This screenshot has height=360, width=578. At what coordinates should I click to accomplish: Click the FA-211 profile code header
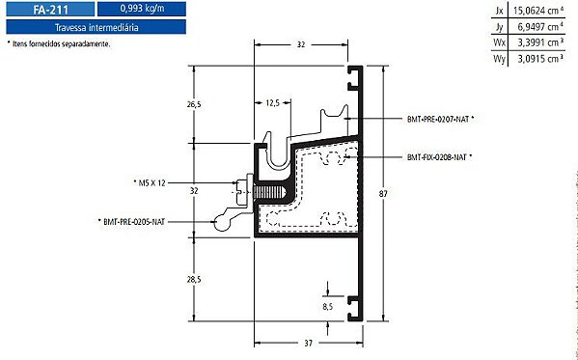tap(50, 9)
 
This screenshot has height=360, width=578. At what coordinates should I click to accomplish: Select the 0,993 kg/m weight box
tap(142, 9)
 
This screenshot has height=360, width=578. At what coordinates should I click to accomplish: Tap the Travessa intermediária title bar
tap(96, 27)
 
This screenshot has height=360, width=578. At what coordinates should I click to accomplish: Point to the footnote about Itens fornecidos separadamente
tap(59, 43)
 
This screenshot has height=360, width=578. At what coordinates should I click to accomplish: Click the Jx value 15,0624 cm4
tap(538, 11)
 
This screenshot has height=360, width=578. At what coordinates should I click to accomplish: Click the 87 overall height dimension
tap(383, 193)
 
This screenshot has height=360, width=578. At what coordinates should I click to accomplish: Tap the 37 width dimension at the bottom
tap(308, 343)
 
